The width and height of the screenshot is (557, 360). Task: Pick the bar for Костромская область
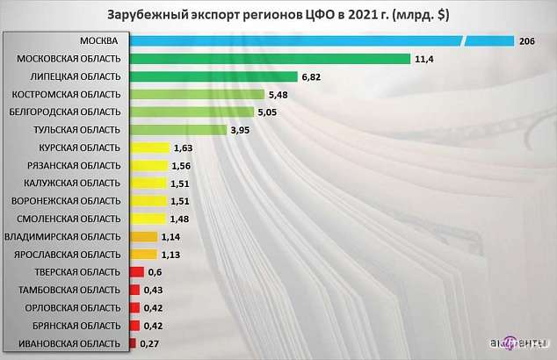197,94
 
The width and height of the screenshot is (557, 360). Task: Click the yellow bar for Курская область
148,148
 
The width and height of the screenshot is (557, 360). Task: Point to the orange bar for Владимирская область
143,236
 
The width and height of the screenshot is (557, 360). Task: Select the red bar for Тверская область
136,271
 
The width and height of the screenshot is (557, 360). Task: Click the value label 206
527,41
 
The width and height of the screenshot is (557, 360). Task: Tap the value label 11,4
426,59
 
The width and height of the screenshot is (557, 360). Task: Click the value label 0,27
148,342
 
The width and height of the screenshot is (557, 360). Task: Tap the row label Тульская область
76,130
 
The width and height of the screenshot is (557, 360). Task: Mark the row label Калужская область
73,183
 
